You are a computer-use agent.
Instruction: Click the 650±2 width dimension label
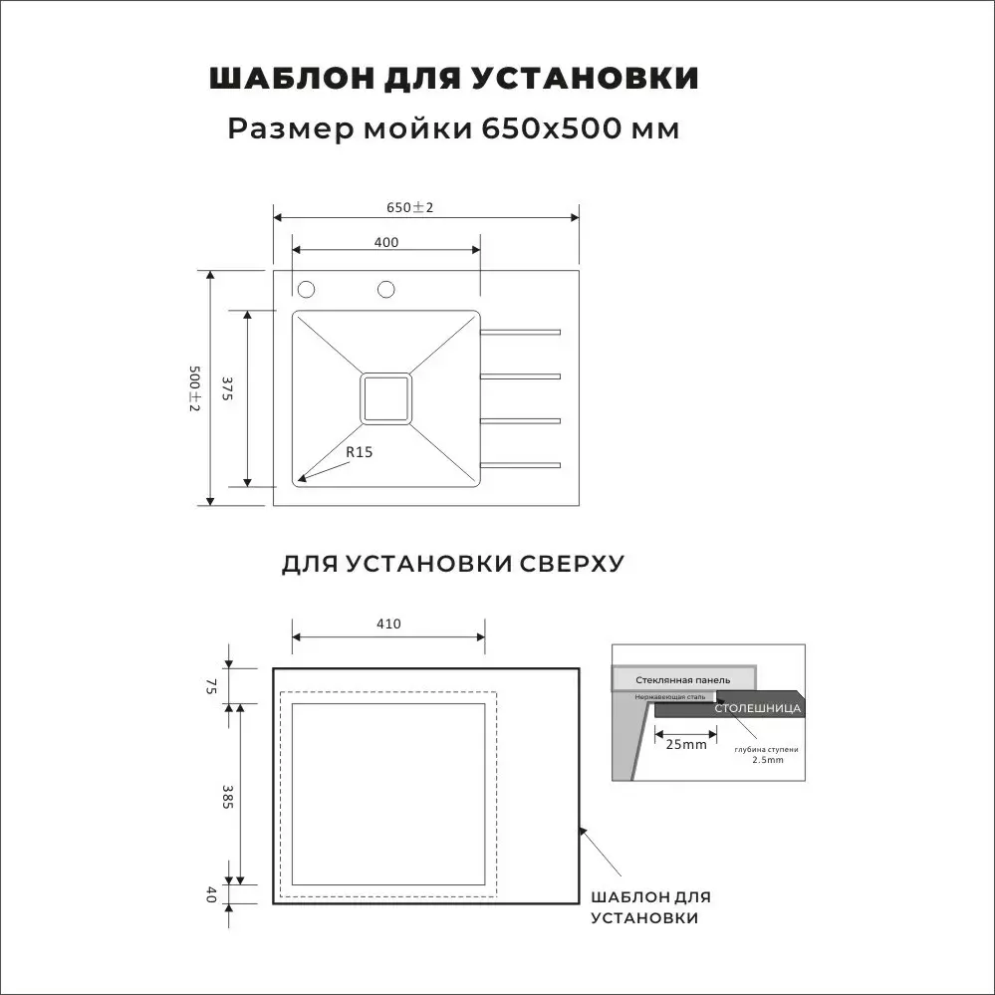(x=410, y=207)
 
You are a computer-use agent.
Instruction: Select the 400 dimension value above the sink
(x=386, y=242)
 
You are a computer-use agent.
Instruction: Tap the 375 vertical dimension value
(x=227, y=388)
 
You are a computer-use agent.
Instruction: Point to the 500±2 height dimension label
(x=194, y=388)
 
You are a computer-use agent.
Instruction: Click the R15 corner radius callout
(x=359, y=452)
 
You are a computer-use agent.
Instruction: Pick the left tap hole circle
(x=307, y=289)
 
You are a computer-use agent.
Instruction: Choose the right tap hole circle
(x=386, y=289)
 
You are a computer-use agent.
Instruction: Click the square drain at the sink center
(x=385, y=398)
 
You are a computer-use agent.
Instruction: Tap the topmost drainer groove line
(x=520, y=332)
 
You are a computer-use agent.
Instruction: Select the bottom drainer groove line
(x=520, y=464)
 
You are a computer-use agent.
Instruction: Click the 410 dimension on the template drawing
(x=388, y=624)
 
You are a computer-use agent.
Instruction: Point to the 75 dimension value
(x=211, y=685)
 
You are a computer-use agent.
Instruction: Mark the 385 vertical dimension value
(x=227, y=797)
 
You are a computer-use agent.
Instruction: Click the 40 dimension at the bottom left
(x=211, y=894)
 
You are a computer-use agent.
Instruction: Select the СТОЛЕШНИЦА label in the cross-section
(x=758, y=708)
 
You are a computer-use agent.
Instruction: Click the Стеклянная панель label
(x=682, y=679)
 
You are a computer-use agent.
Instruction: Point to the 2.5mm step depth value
(x=768, y=759)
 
